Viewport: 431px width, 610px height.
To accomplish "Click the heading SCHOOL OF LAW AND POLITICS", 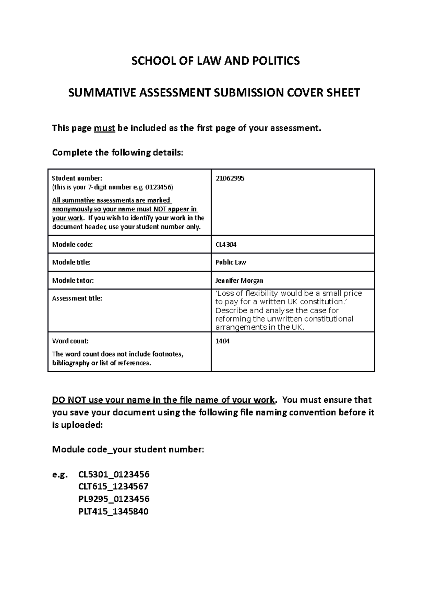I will pos(215,61).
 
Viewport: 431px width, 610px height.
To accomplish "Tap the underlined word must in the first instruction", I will pos(104,128).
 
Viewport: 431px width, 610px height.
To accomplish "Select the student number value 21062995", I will pos(230,178).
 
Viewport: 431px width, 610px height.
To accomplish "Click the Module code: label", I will pos(72,245).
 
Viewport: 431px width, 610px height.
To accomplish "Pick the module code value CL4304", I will pos(226,245).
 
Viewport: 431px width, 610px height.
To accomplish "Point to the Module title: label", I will pos(71,262).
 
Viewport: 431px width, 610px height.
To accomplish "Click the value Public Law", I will pos(231,262).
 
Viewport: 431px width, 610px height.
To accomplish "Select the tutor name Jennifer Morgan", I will pos(239,280).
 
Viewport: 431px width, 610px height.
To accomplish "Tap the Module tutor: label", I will pos(73,280).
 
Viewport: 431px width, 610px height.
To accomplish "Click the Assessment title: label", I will pos(77,298).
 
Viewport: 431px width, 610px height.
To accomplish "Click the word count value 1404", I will pos(222,341).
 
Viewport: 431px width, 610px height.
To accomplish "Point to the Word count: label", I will pos(70,341).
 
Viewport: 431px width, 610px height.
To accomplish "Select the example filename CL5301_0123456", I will pos(113,475).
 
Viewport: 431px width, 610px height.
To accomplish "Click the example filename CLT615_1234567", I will pos(113,487).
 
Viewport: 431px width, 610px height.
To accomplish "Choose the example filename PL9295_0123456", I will pos(113,499).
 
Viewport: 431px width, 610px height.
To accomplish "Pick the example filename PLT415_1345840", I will pos(113,511).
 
